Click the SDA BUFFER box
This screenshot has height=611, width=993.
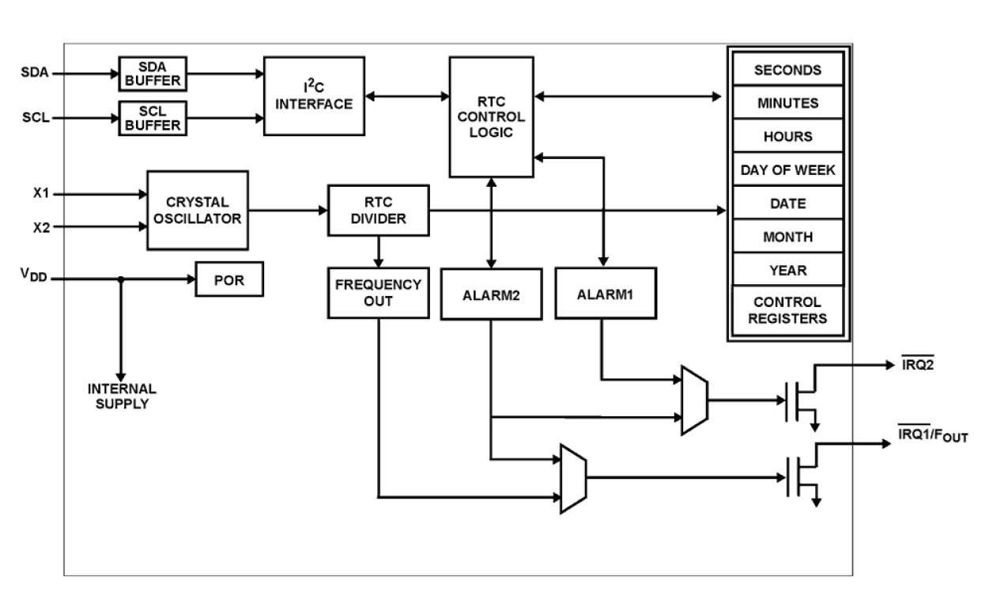[x=153, y=74]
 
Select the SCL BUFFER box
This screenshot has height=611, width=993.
[x=153, y=118]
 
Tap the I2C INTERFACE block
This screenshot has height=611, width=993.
[x=313, y=95]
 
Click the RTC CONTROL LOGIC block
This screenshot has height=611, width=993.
[x=490, y=116]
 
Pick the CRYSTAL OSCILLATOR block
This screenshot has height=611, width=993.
[x=198, y=210]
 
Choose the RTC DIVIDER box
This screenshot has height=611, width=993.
[x=378, y=210]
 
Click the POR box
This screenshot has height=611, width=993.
[x=229, y=280]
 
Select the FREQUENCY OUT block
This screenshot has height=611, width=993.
[x=378, y=292]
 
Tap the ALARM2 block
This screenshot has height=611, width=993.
[x=490, y=294]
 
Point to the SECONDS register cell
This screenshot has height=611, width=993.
[x=787, y=70]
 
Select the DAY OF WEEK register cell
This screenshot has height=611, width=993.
[x=787, y=169]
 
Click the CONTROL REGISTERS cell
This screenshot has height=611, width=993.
[x=787, y=310]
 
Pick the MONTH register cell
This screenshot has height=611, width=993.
[x=787, y=237]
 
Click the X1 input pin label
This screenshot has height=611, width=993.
[x=42, y=193]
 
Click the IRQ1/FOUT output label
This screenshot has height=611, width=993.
[x=932, y=435]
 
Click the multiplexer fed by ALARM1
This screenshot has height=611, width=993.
[x=694, y=400]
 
